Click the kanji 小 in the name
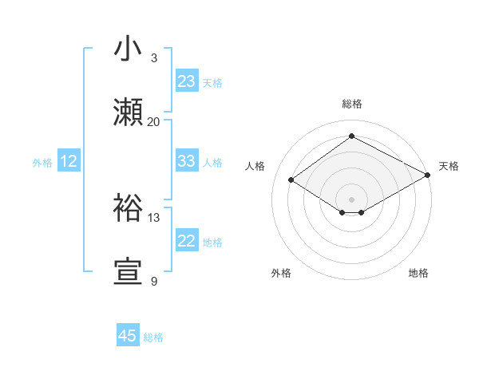point(129,50)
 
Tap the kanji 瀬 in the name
point(129,113)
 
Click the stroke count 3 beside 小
point(154,58)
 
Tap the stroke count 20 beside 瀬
point(154,121)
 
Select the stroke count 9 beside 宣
point(154,281)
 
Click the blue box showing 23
point(187,81)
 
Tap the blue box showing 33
point(187,161)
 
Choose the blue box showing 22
point(187,241)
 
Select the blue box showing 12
point(69,161)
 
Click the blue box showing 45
point(128,336)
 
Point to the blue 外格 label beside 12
point(42,163)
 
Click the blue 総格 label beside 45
point(153,337)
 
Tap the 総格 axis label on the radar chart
point(352,104)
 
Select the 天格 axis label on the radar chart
point(449,166)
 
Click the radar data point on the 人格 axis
point(291,180)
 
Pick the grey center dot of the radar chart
point(352,199)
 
